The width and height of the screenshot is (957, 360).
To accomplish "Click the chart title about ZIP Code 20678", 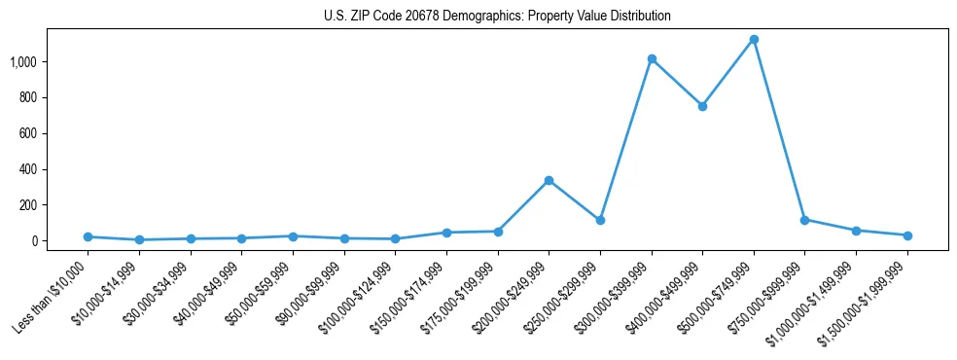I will coord(497,17).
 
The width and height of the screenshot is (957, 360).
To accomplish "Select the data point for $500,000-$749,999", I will coord(754,40).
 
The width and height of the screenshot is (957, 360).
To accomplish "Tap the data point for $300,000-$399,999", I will coord(652,59).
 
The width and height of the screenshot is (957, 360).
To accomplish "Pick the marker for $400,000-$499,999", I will coord(702,106).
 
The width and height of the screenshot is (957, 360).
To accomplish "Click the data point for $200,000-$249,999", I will coord(549,180).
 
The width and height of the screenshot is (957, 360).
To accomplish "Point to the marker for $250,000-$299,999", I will coord(600,220).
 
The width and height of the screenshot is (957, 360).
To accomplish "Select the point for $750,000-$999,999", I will coord(804,220).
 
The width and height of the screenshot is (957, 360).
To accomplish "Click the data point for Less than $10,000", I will coord(88,236).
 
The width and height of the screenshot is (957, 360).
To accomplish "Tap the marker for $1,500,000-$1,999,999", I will coord(907,235).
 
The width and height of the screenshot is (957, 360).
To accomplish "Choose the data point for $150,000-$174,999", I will coord(446,233).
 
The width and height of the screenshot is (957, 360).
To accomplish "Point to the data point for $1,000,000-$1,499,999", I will coord(856,231).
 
